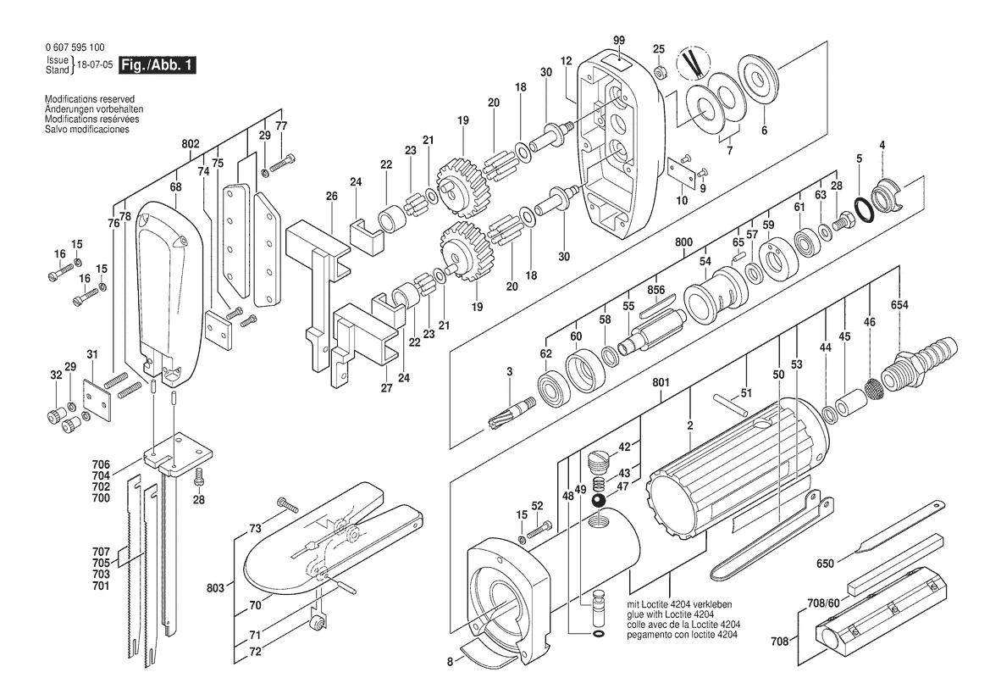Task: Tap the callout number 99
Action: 619,41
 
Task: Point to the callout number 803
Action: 216,587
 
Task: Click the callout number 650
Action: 825,563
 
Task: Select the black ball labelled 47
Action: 598,500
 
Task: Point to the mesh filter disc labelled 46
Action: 873,390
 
